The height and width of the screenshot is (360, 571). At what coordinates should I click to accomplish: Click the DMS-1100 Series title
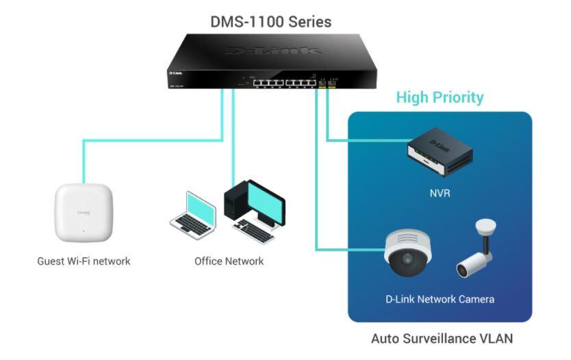click(x=270, y=22)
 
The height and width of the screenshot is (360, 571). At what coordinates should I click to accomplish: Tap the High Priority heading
click(x=440, y=97)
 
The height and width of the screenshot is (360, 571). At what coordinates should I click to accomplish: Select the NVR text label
click(x=440, y=194)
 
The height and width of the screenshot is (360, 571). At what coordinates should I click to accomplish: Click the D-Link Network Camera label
click(x=440, y=299)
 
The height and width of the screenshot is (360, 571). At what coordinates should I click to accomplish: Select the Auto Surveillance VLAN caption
click(x=442, y=339)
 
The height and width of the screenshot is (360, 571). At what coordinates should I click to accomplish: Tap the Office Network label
click(x=229, y=261)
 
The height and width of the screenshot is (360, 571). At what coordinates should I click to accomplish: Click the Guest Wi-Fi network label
click(x=84, y=261)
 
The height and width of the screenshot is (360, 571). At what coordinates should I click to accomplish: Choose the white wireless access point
click(x=84, y=214)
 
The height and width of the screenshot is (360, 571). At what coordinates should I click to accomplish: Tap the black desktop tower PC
click(x=235, y=202)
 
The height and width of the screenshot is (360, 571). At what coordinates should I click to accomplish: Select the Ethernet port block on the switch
click(x=281, y=83)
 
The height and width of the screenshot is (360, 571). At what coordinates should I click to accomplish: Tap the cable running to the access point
click(x=151, y=141)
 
